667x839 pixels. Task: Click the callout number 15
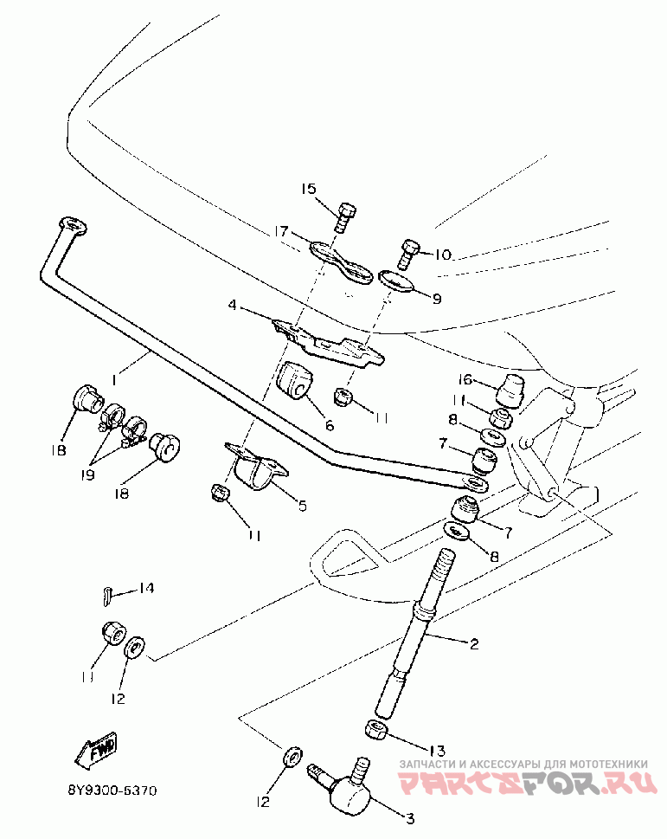[x=308, y=189]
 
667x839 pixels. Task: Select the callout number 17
[x=281, y=231]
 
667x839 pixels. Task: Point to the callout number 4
[x=232, y=306]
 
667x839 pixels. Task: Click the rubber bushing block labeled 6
[x=294, y=380]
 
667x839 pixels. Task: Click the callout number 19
[x=88, y=474]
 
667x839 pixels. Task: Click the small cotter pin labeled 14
[x=107, y=596]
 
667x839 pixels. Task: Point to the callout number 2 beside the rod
[x=473, y=643]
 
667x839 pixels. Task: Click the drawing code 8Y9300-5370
[x=112, y=791]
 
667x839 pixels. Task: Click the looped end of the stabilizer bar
[x=72, y=225]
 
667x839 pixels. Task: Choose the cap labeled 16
[x=510, y=390]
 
